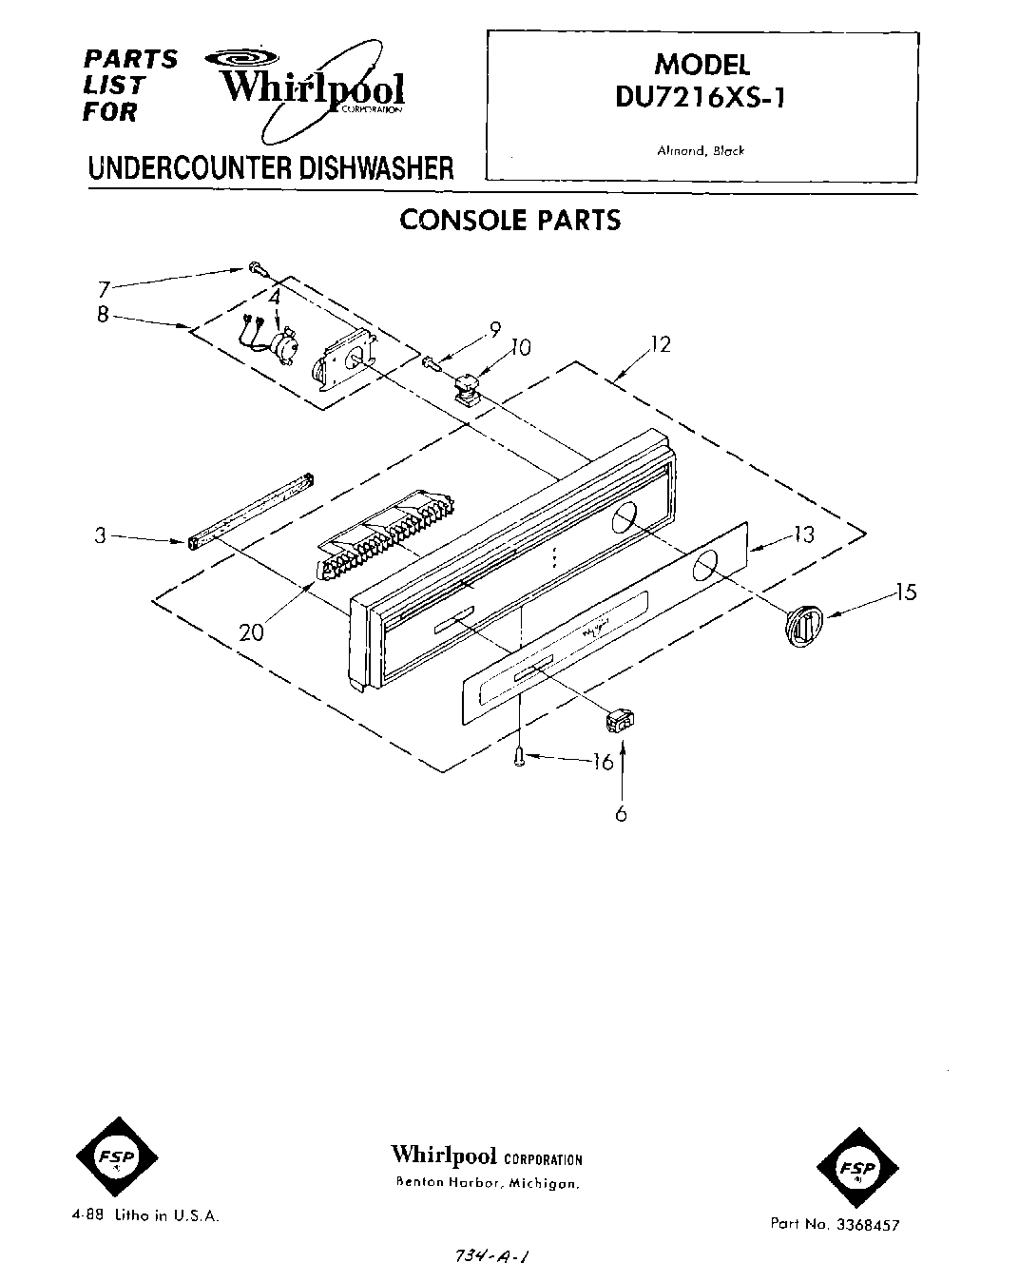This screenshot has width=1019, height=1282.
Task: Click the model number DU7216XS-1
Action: click(701, 98)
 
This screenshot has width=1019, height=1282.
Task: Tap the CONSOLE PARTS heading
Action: click(509, 220)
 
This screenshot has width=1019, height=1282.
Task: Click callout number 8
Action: click(103, 314)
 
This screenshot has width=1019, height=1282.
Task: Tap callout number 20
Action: click(251, 631)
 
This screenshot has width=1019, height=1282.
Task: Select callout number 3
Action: click(100, 535)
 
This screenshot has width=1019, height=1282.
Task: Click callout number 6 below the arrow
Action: click(621, 813)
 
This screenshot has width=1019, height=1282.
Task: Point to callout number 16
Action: click(602, 762)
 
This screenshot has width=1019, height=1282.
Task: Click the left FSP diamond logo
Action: click(116, 1157)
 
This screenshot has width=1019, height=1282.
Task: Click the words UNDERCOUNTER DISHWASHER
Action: click(271, 169)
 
